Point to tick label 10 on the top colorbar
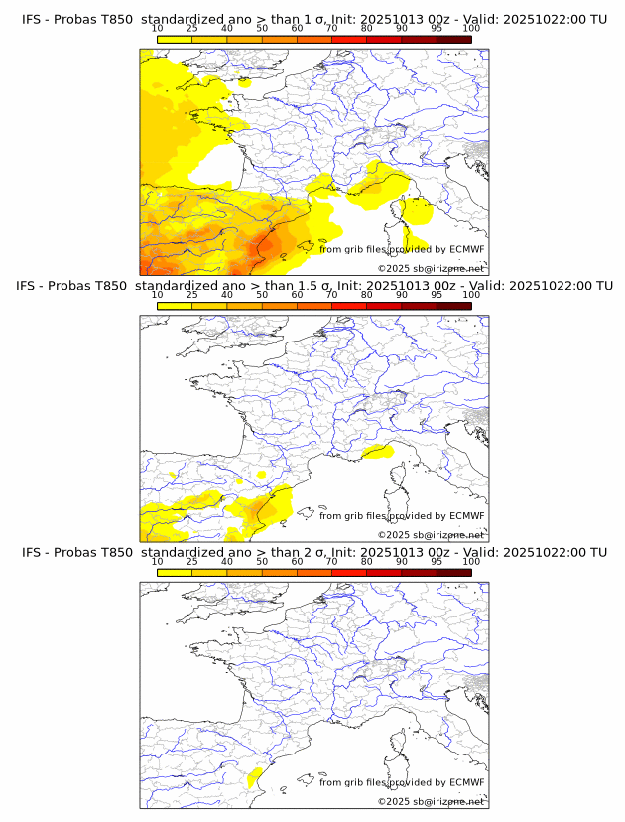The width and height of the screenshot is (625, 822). (158, 29)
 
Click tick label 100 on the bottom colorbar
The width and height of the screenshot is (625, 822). (471, 562)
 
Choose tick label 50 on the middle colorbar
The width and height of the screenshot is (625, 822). (262, 295)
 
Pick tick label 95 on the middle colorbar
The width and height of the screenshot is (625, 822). (437, 295)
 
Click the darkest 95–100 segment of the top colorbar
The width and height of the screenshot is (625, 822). (453, 39)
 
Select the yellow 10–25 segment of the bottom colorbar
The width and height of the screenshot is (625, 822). (175, 572)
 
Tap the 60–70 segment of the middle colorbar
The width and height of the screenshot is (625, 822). (313, 306)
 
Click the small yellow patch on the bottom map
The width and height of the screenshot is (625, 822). (253, 776)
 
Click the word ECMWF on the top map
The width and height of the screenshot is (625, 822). (467, 249)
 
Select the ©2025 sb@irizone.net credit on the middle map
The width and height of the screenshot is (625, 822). (431, 535)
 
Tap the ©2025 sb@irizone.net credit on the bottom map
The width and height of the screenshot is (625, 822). (431, 801)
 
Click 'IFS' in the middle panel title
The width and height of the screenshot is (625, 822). (32, 286)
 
